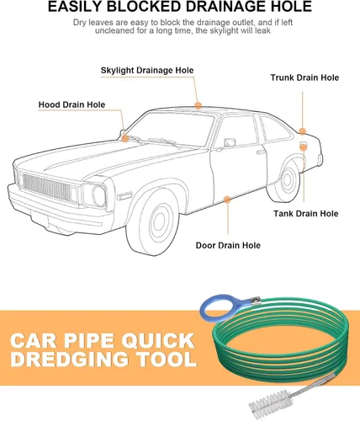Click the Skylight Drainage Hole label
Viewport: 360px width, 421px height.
tap(147, 70)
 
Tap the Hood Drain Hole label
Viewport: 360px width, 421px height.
tap(71, 104)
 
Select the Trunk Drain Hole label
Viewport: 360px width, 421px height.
tap(304, 77)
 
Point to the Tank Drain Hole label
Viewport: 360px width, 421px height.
tap(306, 214)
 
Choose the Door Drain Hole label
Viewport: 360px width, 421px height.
tap(228, 245)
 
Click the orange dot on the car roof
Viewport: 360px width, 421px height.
tap(199, 106)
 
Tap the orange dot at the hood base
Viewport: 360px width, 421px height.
tap(125, 138)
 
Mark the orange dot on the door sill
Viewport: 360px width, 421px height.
tap(227, 200)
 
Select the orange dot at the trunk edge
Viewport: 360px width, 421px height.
tap(302, 131)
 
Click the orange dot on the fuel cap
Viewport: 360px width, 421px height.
tap(304, 147)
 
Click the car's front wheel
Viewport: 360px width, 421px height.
tap(154, 221)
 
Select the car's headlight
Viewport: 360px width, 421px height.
tap(98, 195)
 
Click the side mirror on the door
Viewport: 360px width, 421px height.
tap(230, 142)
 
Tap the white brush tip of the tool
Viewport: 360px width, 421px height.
tap(267, 405)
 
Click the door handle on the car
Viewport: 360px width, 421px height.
tap(261, 152)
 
